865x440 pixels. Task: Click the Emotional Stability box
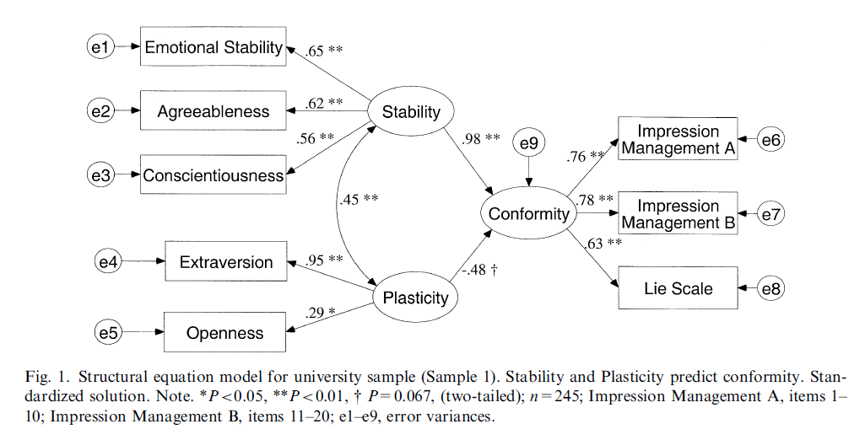213,47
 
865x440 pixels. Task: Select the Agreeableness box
213,111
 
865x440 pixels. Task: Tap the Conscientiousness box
213,175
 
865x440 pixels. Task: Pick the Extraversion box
226,262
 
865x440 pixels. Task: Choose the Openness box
224,333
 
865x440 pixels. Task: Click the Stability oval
412,111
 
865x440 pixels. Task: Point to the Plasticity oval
415,298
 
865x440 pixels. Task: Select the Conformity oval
529,214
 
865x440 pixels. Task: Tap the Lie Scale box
678,289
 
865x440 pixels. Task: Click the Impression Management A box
678,140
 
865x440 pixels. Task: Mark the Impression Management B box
678,215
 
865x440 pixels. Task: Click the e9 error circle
528,144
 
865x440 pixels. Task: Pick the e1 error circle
100,47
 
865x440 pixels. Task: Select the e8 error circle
770,289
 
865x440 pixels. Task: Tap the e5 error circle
107,333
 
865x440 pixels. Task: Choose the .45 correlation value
357,200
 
